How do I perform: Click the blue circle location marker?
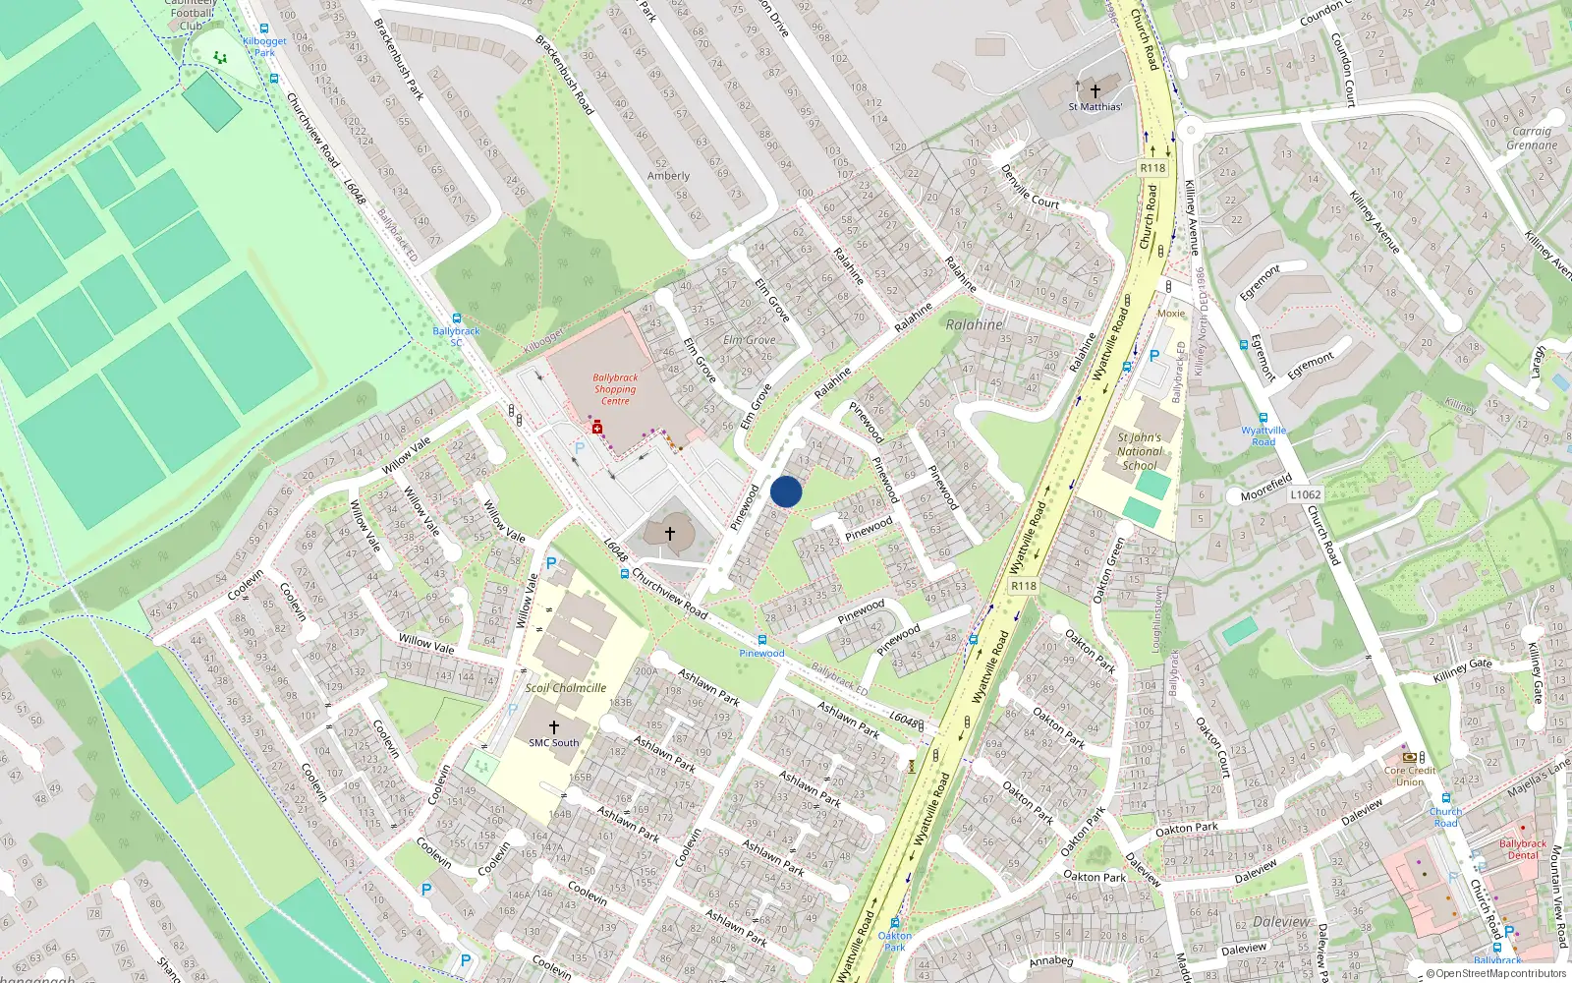tap(786, 491)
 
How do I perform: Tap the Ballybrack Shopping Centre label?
tap(615, 389)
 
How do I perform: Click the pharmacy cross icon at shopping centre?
tap(596, 428)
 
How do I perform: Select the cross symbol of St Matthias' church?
tap(1095, 90)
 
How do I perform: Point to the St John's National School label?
tap(1140, 451)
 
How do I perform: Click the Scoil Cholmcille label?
tap(565, 688)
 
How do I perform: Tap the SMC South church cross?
tap(553, 727)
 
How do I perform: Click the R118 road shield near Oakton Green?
tap(1023, 586)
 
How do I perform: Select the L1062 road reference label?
tap(1305, 494)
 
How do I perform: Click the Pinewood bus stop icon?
tap(762, 640)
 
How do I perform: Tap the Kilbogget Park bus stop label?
tap(264, 46)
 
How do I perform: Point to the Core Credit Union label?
tap(1410, 776)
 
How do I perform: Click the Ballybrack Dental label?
tap(1522, 849)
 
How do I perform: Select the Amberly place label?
tap(668, 176)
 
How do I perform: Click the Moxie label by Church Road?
tap(1171, 314)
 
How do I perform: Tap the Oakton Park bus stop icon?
tap(894, 923)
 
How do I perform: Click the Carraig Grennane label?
tap(1532, 138)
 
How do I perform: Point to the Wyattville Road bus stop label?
tap(1263, 435)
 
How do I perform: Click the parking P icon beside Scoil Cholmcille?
tap(551, 564)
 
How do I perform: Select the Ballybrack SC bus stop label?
tap(456, 336)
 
